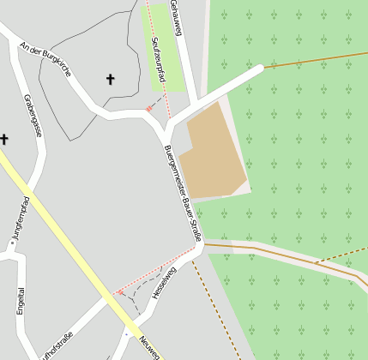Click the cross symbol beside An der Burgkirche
coord(110,80)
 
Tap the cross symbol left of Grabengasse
coord(4,138)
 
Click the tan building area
coord(214,151)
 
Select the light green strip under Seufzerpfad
coord(163,51)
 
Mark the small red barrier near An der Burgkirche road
coord(148,109)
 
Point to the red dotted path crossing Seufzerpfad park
coord(159,60)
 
